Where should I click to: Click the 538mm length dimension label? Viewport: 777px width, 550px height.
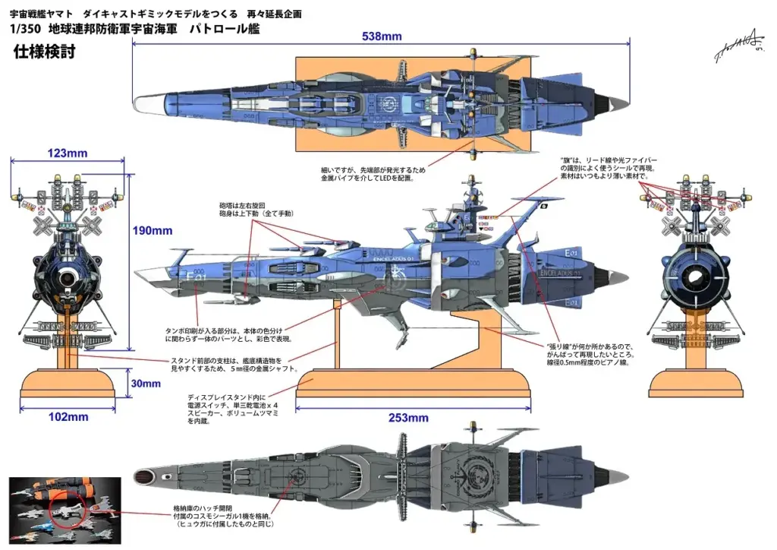click(x=382, y=36)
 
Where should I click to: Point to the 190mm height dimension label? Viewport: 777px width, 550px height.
click(x=152, y=231)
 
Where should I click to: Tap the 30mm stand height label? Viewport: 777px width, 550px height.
click(x=146, y=384)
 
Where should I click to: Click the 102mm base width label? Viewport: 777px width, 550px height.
click(x=68, y=416)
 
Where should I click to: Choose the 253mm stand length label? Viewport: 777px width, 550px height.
click(x=407, y=418)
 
